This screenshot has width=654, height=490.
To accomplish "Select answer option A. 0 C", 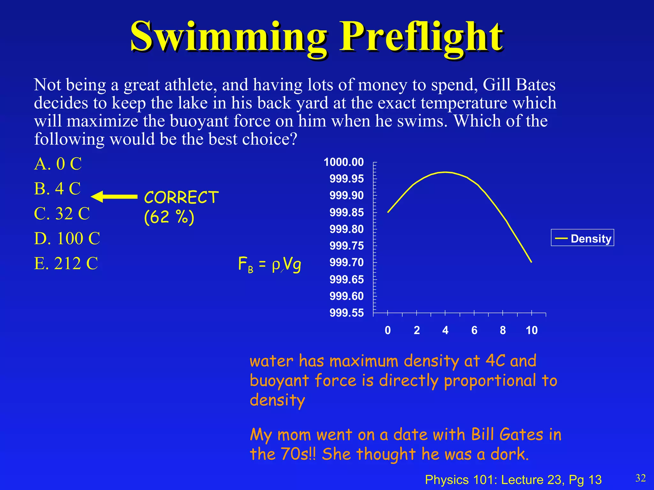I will point(58,164).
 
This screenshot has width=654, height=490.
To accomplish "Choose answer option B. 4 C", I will point(57,189).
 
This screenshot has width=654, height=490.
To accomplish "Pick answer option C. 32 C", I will point(62,213).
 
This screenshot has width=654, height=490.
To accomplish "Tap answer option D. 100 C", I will point(67,238).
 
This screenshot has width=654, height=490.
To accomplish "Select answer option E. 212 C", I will point(66,264).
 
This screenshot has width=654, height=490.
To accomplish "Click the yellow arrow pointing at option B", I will point(114,197).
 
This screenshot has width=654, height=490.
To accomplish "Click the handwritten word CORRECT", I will point(181,197).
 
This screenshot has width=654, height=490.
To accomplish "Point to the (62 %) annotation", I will point(169,217).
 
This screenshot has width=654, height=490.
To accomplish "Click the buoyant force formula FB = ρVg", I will point(270,264).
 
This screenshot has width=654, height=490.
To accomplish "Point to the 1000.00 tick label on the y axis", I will point(344,162).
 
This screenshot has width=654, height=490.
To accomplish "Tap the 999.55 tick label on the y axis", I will point(346,313).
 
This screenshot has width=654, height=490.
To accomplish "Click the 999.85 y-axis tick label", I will point(346,212).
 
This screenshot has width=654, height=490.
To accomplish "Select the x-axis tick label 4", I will point(445,330).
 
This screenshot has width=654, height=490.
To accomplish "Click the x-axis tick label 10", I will point(532,330).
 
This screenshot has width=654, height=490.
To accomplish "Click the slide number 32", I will point(640,478).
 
